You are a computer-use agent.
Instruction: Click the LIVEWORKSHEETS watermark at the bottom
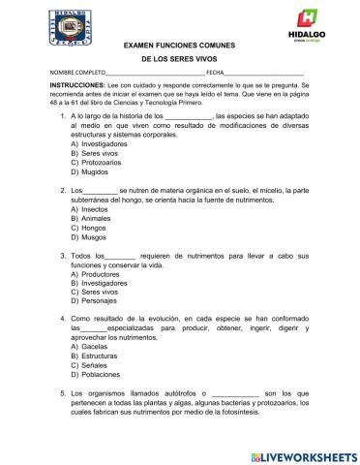click(x=299, y=454)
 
